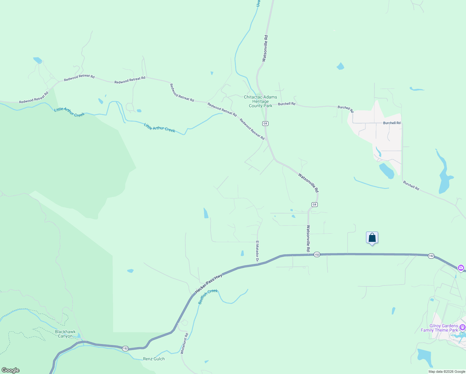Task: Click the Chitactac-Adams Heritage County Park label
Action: [x=260, y=101]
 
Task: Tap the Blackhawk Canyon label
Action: [x=65, y=334]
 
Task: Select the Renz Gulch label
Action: [x=154, y=359]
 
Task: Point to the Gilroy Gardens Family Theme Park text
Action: [x=439, y=328]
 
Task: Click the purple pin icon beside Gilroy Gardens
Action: [x=462, y=327]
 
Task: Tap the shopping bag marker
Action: [x=372, y=238]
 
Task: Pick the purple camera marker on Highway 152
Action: [x=461, y=268]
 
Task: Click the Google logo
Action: [x=10, y=370]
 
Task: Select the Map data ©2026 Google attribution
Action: [x=447, y=372]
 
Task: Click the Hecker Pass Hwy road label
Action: [x=209, y=284]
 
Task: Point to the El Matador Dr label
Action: [x=258, y=251]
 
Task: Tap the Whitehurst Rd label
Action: [x=184, y=343]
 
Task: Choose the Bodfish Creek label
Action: [x=208, y=296]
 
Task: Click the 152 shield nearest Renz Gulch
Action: [x=125, y=348]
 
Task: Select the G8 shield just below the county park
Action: [x=265, y=123]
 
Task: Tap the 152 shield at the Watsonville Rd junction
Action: [x=317, y=255]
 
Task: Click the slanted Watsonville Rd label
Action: [x=308, y=183]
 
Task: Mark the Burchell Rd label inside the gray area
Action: [x=392, y=123]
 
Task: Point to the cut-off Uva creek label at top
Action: [x=258, y=3]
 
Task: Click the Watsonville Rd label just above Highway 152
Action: [x=308, y=238]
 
